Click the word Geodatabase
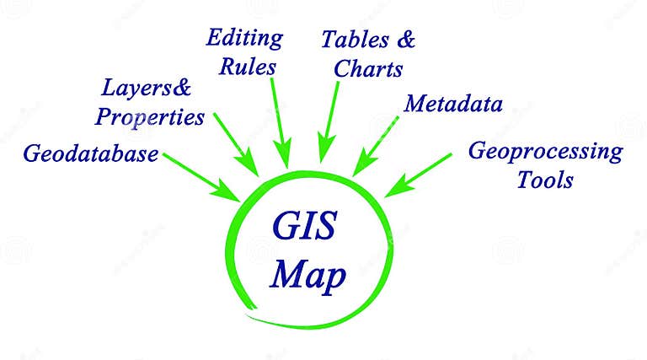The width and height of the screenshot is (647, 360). tap(91, 154)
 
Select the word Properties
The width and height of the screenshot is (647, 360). tap(150, 116)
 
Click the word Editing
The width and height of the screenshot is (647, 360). tap(244, 39)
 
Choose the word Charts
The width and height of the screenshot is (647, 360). tap(368, 68)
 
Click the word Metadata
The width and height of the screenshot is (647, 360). tap(453, 105)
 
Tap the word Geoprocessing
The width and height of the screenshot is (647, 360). tap(545, 152)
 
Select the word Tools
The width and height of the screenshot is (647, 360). tap(545, 180)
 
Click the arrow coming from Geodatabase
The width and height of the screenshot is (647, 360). tap(202, 176)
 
